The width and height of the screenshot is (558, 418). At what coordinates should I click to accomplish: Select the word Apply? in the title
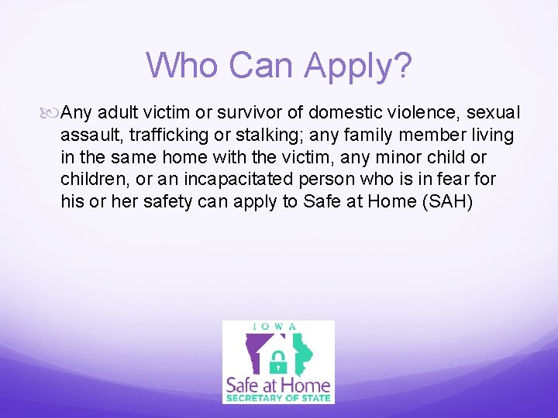point(358,67)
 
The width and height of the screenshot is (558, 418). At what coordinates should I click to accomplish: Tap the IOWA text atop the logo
point(278,327)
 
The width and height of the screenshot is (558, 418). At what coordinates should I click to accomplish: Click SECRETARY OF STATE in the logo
point(278,399)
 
